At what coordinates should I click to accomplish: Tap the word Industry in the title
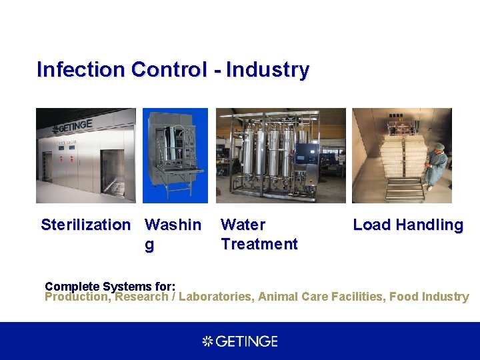point(267,69)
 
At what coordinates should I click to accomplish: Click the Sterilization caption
point(85,225)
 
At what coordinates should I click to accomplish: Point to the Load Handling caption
point(407,225)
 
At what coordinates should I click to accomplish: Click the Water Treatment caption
point(259,235)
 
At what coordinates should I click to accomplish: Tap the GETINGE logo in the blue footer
point(240,341)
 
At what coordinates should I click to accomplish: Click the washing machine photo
point(175,155)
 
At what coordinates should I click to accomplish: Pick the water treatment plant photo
point(280,155)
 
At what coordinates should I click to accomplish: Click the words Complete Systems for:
point(110,286)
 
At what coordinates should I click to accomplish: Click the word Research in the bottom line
point(141,297)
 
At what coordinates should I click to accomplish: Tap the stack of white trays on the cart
point(400,160)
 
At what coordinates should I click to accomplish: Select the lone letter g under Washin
point(149,245)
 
